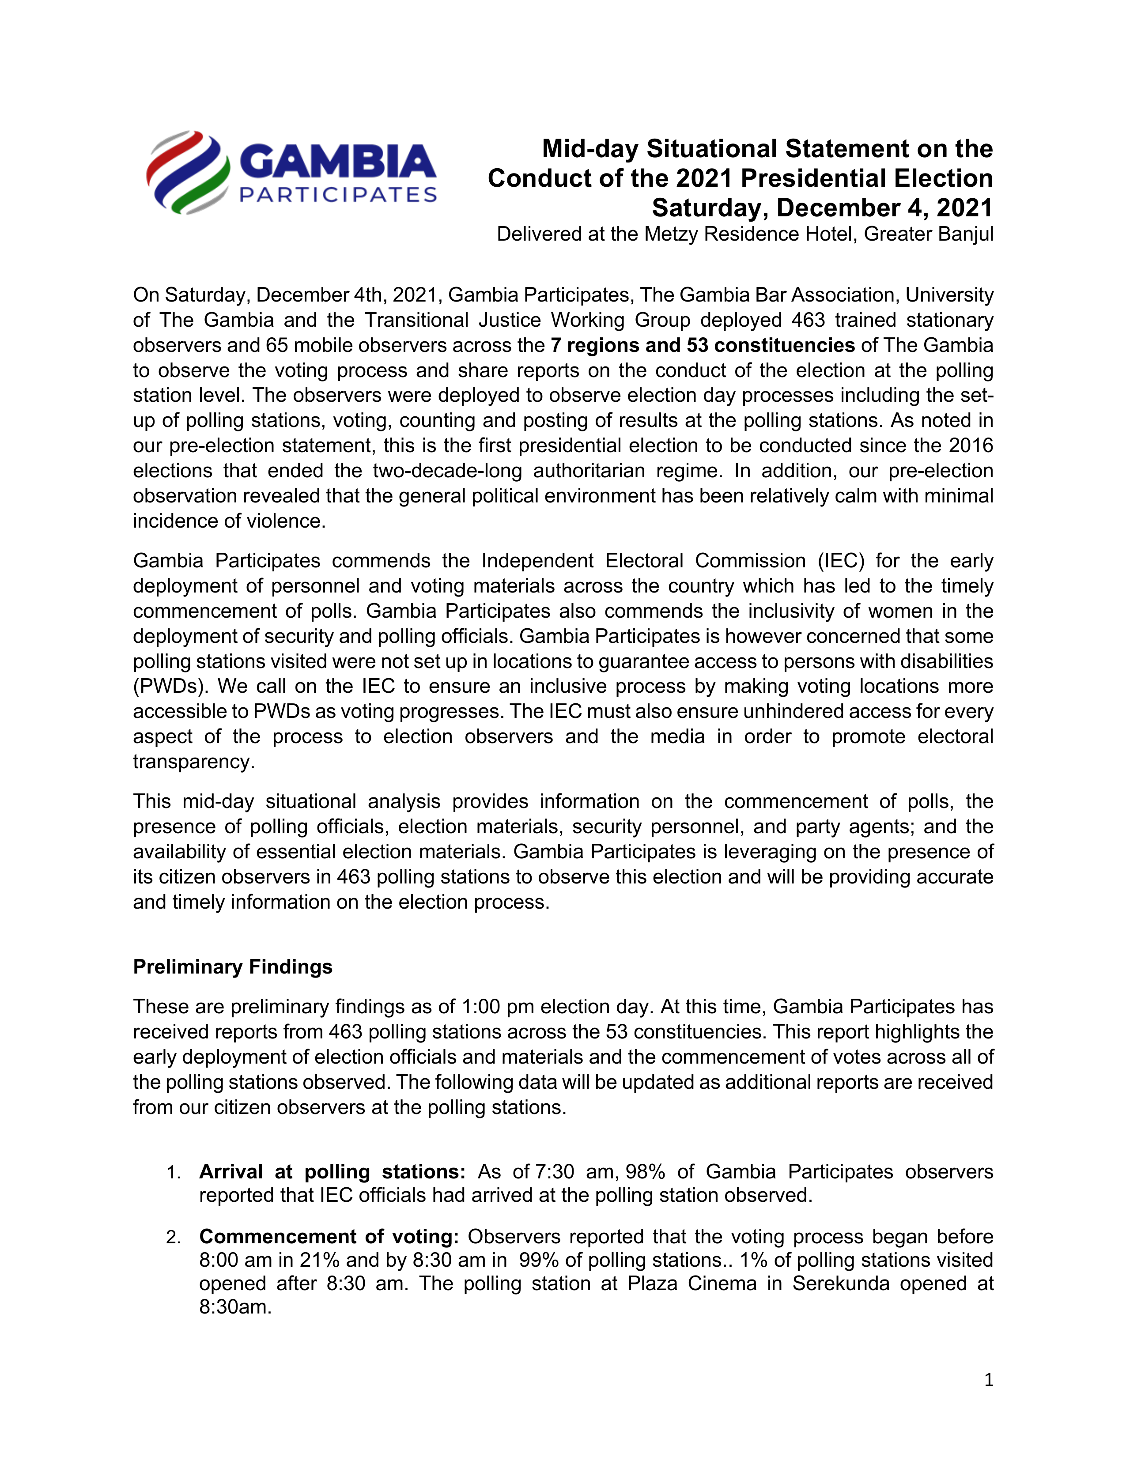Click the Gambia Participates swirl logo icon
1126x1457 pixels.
pyautogui.click(x=188, y=172)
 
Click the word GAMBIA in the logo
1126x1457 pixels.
pyautogui.click(x=337, y=162)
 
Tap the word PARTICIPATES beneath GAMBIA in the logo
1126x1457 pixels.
pyautogui.click(x=337, y=195)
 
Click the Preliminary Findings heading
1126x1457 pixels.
pyautogui.click(x=232, y=966)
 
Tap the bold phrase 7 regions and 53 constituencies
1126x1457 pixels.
pyautogui.click(x=703, y=345)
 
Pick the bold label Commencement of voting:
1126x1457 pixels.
pyautogui.click(x=329, y=1236)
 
